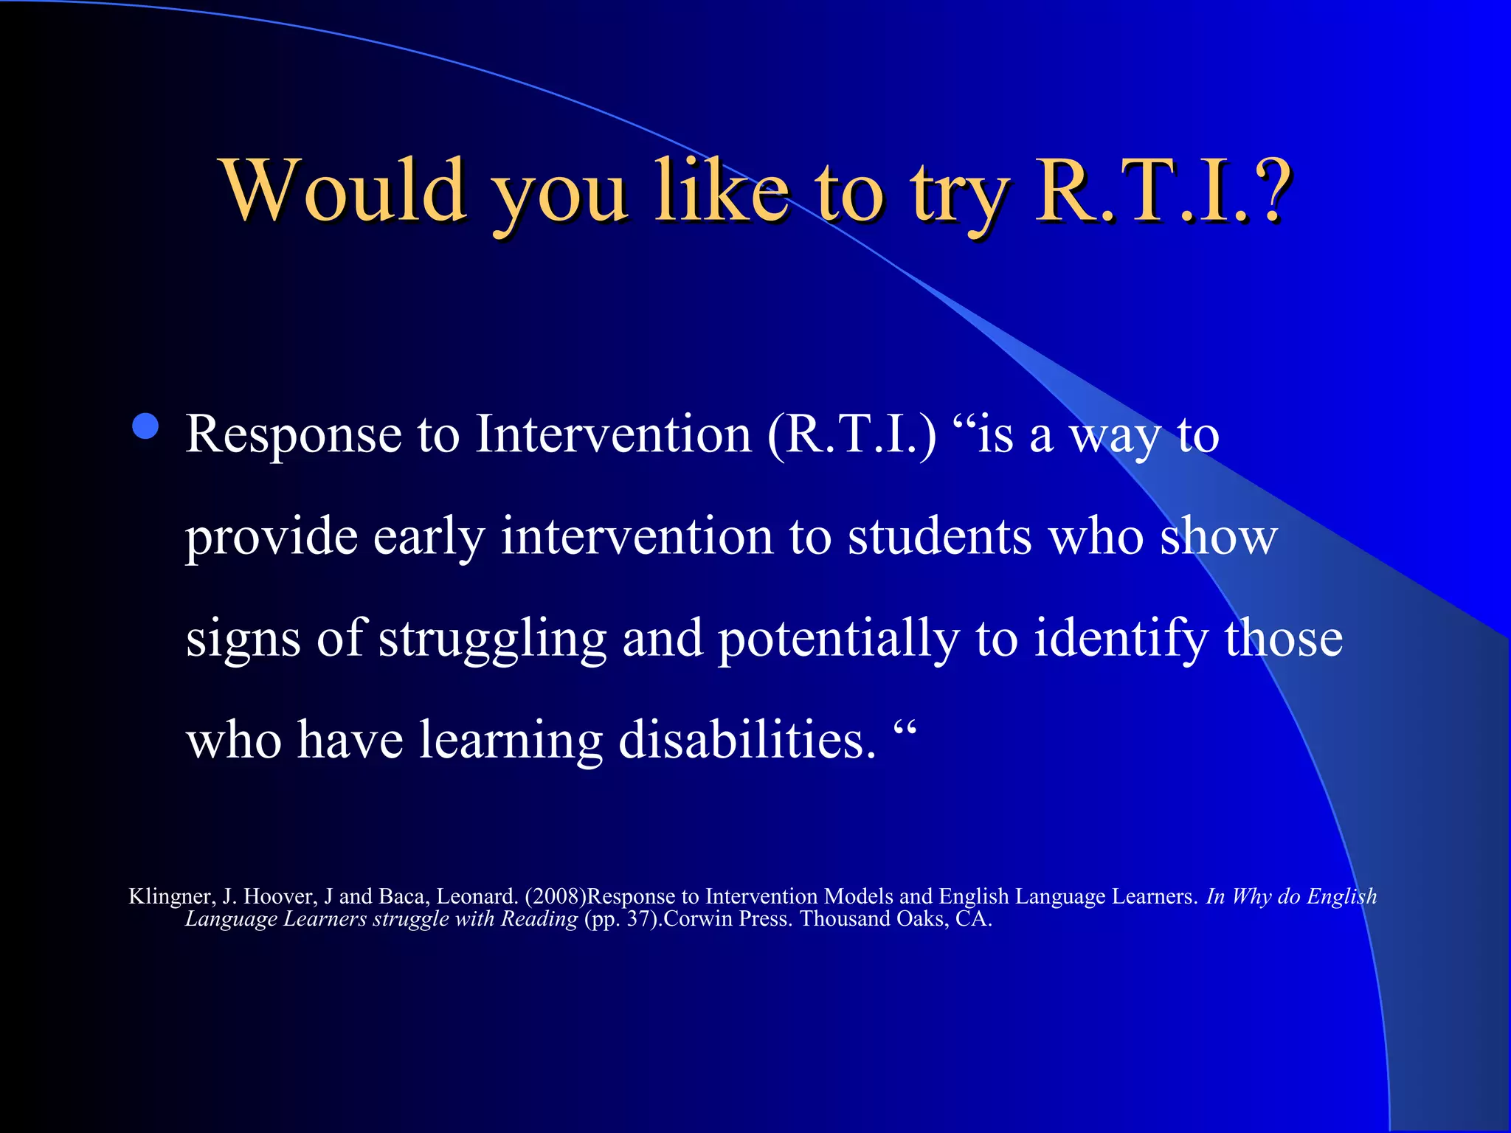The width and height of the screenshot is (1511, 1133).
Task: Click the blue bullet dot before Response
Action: pyautogui.click(x=145, y=426)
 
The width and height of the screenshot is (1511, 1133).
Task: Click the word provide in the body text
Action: pyautogui.click(x=271, y=537)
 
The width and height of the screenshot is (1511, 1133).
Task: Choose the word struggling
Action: pyautogui.click(x=492, y=639)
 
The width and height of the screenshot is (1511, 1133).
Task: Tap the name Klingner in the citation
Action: pyautogui.click(x=171, y=896)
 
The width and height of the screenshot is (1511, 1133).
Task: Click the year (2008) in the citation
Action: pyautogui.click(x=555, y=896)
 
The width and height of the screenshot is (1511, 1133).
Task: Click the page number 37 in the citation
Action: pyautogui.click(x=638, y=919)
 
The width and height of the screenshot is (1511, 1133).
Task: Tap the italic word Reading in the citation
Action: pyautogui.click(x=539, y=919)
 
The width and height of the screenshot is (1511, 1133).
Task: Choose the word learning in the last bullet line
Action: pyautogui.click(x=511, y=741)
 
